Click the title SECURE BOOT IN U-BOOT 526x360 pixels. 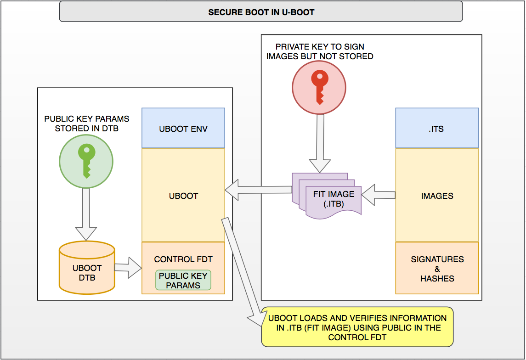(x=261, y=12)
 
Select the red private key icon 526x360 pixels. (x=319, y=87)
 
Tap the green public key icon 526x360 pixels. (x=86, y=161)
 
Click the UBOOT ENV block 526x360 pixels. (x=183, y=129)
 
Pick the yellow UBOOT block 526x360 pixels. (x=183, y=196)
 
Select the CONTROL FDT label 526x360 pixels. (x=183, y=259)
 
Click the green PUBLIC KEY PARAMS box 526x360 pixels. (x=183, y=281)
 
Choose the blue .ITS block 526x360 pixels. (x=437, y=129)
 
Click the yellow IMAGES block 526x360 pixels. (x=437, y=196)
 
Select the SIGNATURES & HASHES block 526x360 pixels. (x=437, y=269)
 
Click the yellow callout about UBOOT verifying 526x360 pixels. (x=357, y=327)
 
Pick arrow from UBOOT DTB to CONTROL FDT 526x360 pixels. (x=128, y=267)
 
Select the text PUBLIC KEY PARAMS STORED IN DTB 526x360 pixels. (x=86, y=124)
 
